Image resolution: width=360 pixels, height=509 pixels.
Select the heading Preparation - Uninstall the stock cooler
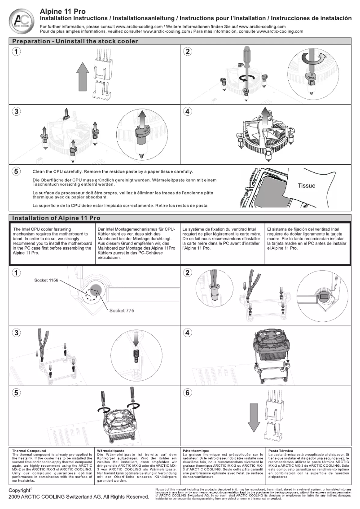pyautogui.click(x=75, y=41)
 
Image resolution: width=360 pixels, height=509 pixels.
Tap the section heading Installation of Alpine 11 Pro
pyautogui.click(x=56, y=218)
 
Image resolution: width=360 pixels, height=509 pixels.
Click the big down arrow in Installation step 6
pyautogui.click(x=254, y=415)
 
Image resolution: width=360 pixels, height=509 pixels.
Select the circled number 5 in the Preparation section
pyautogui.click(x=16, y=171)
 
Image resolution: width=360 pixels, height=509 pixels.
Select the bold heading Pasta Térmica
pyautogui.click(x=281, y=450)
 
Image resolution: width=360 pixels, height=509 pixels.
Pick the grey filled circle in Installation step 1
pyautogui.click(x=97, y=291)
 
